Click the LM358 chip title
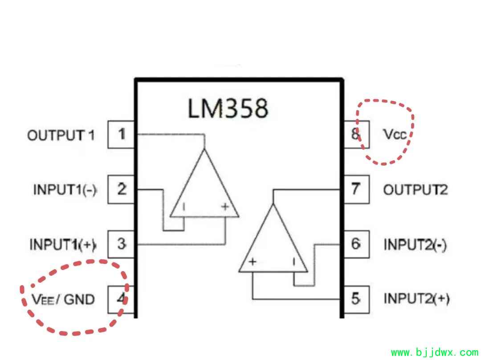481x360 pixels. (x=228, y=108)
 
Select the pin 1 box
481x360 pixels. (x=121, y=134)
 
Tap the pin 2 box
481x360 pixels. (x=121, y=189)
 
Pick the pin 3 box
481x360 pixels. (x=121, y=244)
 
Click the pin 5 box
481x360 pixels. (x=356, y=299)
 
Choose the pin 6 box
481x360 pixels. (x=356, y=244)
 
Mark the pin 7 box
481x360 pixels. (x=356, y=189)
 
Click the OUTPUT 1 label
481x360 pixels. (x=61, y=135)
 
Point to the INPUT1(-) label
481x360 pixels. (x=65, y=190)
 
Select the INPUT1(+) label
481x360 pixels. (x=63, y=244)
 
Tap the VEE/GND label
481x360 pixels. (x=63, y=299)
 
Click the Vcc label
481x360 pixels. (x=395, y=134)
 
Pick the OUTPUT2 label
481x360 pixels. (x=416, y=190)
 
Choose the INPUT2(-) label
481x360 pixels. (x=416, y=245)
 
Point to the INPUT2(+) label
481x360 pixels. (x=417, y=299)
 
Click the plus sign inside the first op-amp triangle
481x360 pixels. (x=225, y=207)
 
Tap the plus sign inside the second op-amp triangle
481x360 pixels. (x=253, y=262)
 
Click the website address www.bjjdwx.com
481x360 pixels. (x=435, y=352)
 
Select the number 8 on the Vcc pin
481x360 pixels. (x=355, y=134)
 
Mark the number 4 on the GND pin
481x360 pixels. (x=122, y=299)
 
